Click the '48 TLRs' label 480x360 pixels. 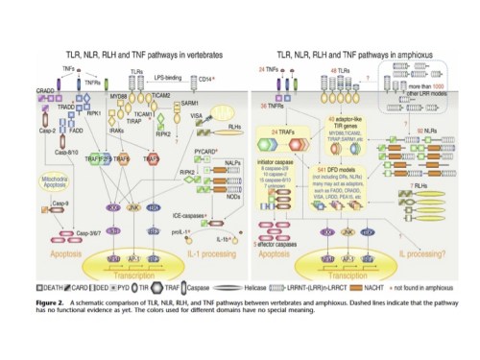pos(331,71)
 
